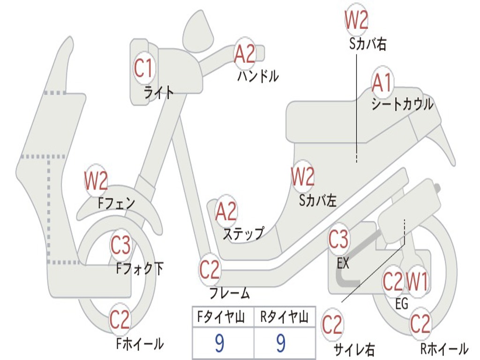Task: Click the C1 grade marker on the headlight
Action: coord(143,68)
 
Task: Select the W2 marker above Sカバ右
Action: coord(356,20)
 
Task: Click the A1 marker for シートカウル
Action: coord(382,83)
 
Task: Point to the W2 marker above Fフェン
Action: coord(96,181)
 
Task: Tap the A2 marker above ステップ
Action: coord(226,212)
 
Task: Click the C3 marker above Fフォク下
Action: coord(121,244)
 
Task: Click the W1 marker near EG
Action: coord(417,282)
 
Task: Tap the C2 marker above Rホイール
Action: coord(420,324)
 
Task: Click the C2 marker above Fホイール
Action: coord(120,320)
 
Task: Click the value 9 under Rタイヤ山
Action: coord(281,344)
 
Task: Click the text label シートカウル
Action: coord(402,104)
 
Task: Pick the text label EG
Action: coord(402,304)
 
